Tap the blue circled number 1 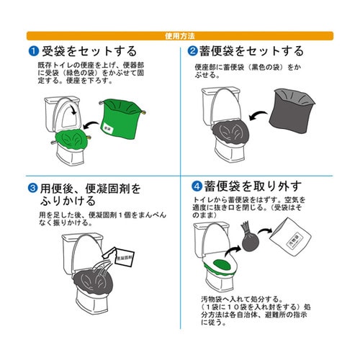point(33,51)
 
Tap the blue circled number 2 point(193,51)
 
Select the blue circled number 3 point(33,188)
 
